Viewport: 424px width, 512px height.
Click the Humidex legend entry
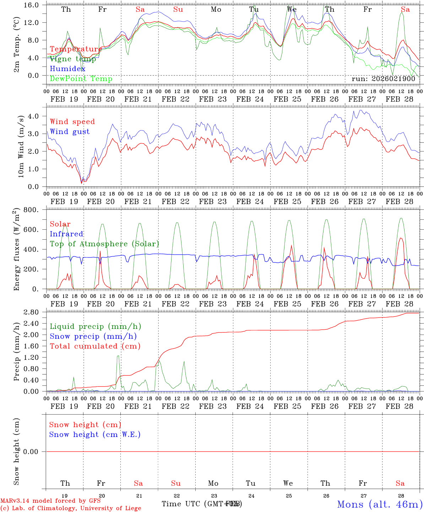pos(67,69)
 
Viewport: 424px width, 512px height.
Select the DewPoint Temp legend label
pos(81,79)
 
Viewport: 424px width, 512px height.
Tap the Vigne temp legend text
pos(73,59)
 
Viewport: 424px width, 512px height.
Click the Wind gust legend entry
pos(70,132)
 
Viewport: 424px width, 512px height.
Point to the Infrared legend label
pos(66,234)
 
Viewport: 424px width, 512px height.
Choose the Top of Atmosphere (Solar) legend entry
pos(104,244)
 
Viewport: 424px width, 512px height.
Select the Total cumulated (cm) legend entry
pos(95,346)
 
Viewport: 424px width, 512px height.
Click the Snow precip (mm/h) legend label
pos(93,336)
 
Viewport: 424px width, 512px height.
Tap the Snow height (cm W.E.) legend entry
pos(95,434)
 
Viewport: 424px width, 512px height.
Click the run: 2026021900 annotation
pos(383,79)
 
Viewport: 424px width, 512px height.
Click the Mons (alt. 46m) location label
pos(380,504)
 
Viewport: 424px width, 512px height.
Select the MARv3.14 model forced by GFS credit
pos(50,501)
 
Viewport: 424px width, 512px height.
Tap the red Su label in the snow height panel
pos(176,483)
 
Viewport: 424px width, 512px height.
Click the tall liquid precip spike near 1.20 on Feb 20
pos(118,356)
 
